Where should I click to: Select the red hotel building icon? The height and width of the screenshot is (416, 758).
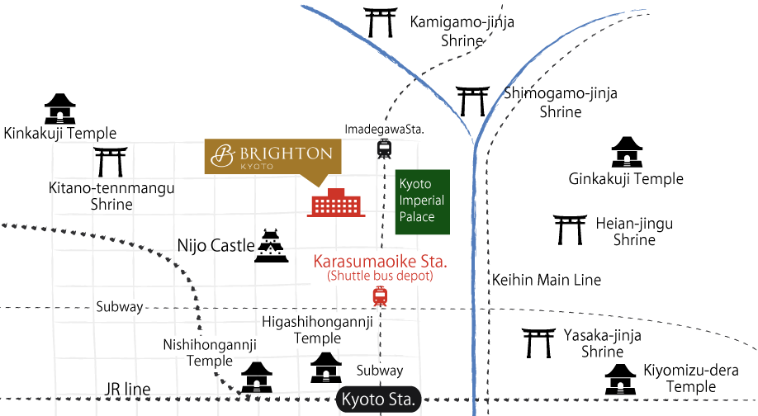click(336, 203)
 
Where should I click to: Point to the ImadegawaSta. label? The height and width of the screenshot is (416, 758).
click(378, 129)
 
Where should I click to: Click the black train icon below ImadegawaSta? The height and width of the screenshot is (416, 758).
click(384, 149)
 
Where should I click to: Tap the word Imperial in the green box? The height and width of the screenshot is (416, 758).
click(421, 201)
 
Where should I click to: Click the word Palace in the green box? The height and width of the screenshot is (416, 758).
click(417, 217)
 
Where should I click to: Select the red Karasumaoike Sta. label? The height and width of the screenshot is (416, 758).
click(380, 262)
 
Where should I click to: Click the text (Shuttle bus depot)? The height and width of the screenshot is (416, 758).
click(380, 276)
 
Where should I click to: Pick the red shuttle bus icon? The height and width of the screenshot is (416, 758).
click(380, 296)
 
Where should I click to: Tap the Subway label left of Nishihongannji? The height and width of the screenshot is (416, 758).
click(119, 307)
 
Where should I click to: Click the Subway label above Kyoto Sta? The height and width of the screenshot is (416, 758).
click(380, 371)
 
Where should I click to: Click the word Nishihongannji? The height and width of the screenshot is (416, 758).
click(211, 344)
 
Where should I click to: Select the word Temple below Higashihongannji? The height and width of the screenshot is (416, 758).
click(318, 338)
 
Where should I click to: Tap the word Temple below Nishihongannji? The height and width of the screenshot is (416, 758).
click(210, 361)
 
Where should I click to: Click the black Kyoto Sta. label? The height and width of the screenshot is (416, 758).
click(380, 400)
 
